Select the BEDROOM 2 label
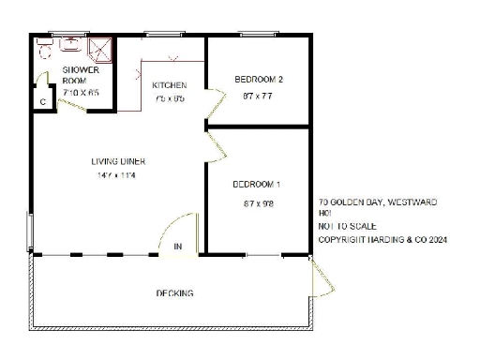tap(258, 80)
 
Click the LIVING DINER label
tap(118, 161)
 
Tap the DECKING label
tap(174, 293)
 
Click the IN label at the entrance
tap(178, 247)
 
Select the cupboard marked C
tap(42, 101)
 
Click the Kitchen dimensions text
tap(170, 98)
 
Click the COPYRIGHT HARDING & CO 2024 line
tap(382, 240)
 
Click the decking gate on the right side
tap(320, 281)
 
